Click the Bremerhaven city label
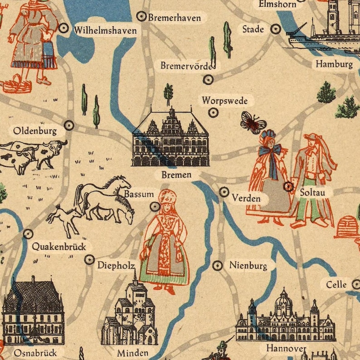pos(175,18)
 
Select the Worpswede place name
pos(225,100)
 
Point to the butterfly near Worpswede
pos(253,122)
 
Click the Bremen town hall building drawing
pos(170,138)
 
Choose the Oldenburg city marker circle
pos(69,125)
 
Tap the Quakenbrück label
pos(58,247)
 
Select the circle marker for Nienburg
pos(218,265)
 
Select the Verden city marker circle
pos(224,192)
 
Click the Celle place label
pos(336,284)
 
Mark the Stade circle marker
pos(276,29)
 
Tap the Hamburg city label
pos(334,64)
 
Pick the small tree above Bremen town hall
pos(169,93)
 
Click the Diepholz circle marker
pos(89,259)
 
